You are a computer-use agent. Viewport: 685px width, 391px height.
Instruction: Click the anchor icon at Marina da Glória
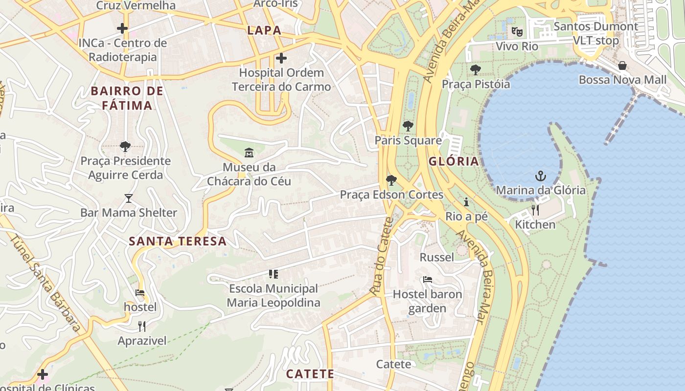(x=541, y=176)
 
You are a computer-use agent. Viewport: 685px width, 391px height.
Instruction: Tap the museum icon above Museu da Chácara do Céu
(x=249, y=153)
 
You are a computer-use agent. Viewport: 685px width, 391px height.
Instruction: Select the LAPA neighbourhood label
(x=264, y=30)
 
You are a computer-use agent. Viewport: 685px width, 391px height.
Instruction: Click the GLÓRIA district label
(x=454, y=161)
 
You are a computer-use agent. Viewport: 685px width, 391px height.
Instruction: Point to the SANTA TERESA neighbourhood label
(x=178, y=241)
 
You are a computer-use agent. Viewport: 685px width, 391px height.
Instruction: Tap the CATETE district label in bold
(x=310, y=374)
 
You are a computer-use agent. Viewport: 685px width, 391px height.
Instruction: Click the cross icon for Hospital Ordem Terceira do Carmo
(x=281, y=59)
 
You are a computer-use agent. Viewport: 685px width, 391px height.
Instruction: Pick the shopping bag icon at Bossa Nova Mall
(x=622, y=65)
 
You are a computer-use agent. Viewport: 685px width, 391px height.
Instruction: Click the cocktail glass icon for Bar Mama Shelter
(x=129, y=198)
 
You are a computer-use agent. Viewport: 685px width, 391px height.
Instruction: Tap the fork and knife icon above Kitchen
(x=535, y=210)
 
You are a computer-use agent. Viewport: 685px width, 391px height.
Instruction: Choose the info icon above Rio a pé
(x=466, y=202)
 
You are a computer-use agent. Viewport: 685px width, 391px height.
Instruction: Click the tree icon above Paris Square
(x=408, y=126)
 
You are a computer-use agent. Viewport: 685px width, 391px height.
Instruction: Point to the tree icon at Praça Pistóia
(x=475, y=70)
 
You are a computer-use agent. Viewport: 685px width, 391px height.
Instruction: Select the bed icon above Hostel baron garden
(x=427, y=280)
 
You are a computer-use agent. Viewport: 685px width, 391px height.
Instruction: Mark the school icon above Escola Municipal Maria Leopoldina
(x=273, y=274)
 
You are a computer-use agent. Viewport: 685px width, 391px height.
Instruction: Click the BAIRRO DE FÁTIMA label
(x=127, y=98)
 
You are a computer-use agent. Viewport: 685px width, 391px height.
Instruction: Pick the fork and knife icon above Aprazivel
(x=142, y=326)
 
